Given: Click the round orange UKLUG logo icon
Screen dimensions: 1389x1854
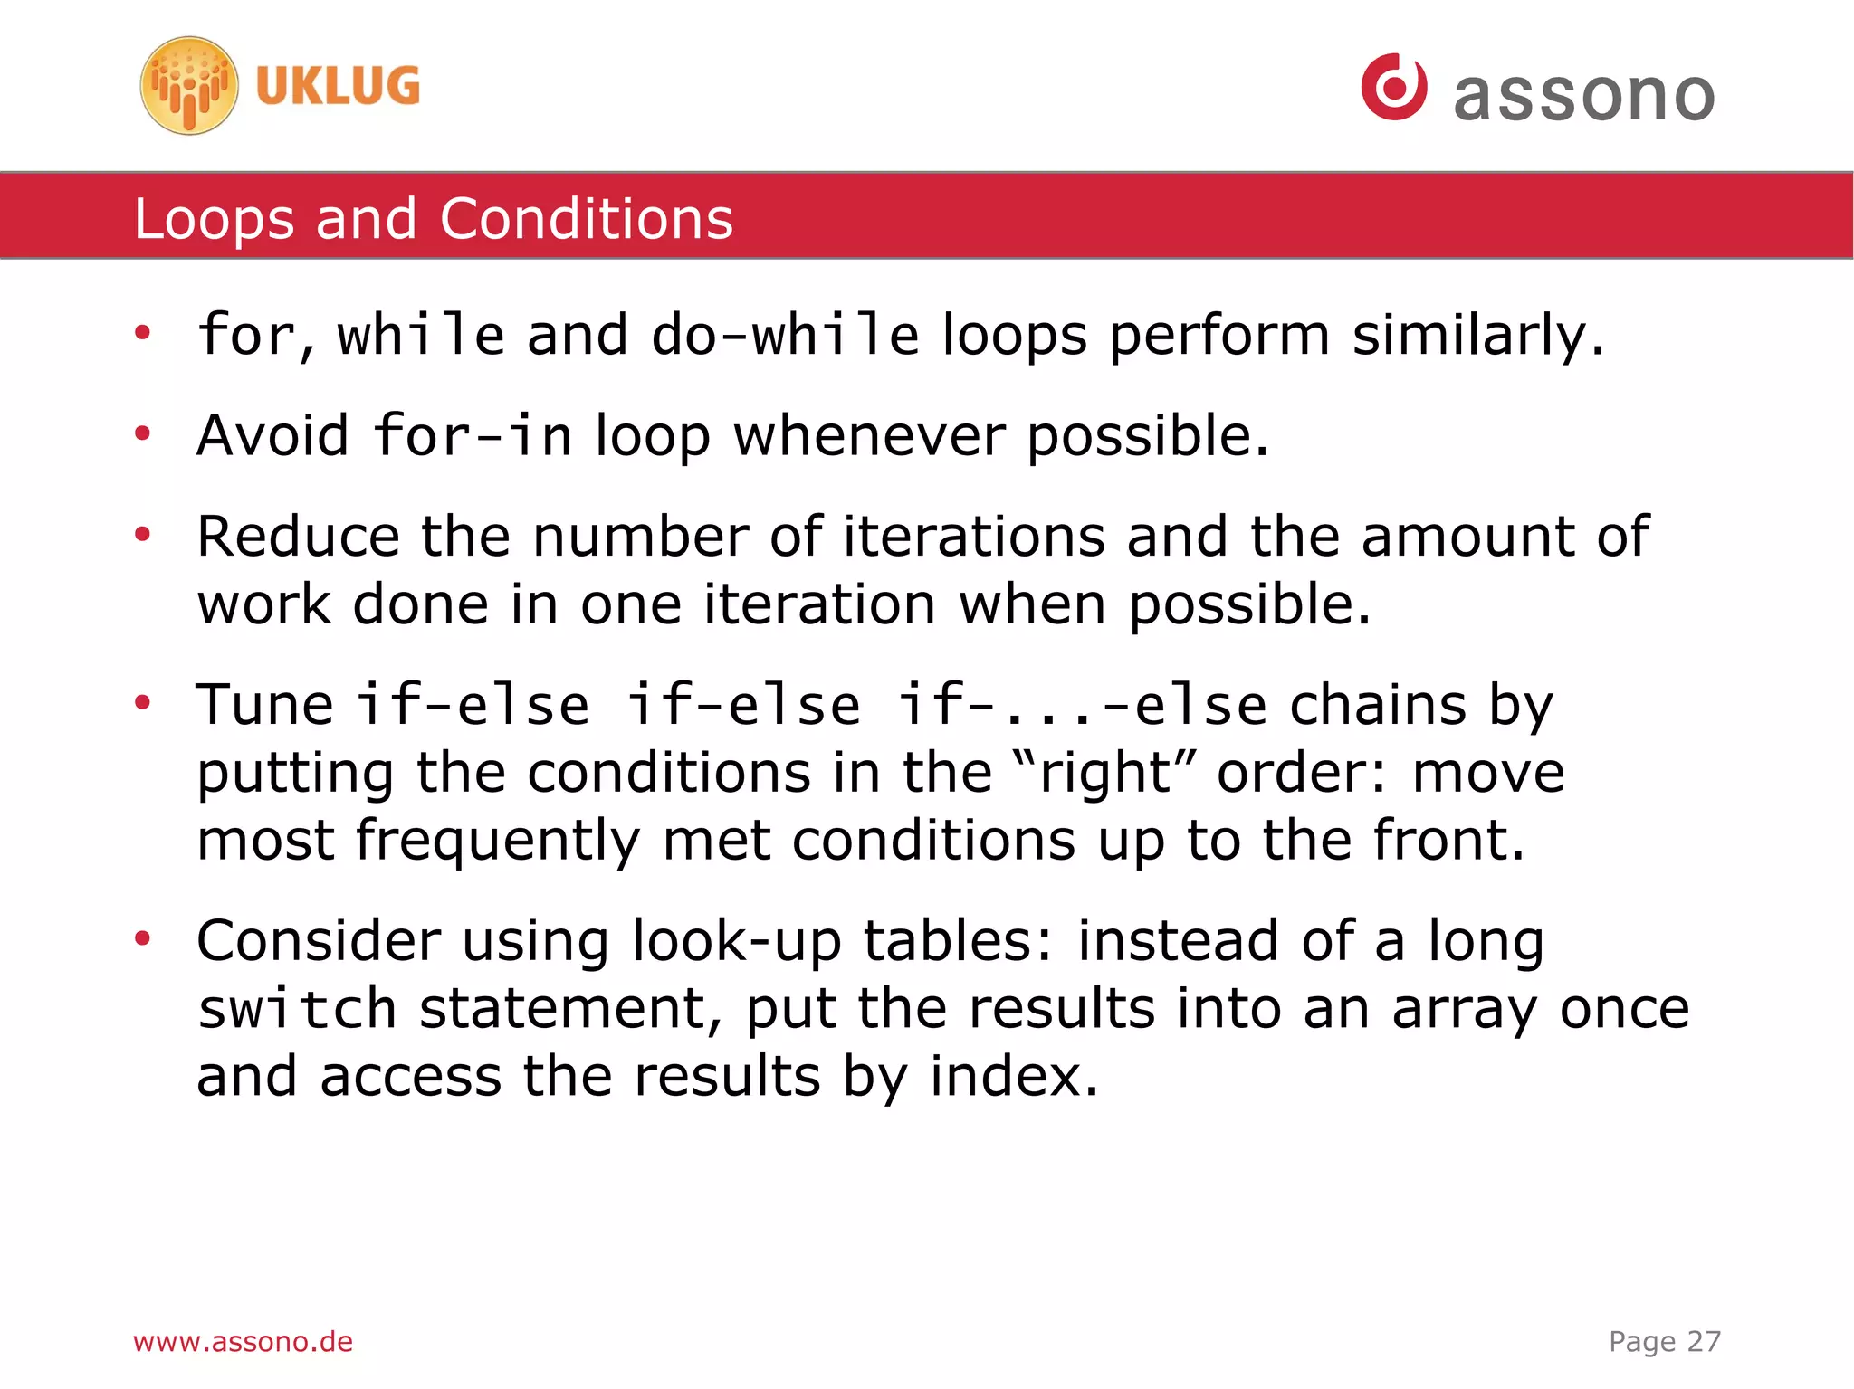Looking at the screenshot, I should point(189,86).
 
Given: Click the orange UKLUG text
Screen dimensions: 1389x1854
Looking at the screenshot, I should point(338,86).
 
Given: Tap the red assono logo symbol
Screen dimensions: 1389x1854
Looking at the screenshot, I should point(1394,86).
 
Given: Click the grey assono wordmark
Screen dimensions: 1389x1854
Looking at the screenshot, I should point(1583,95).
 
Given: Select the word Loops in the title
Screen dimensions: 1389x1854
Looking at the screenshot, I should point(214,219).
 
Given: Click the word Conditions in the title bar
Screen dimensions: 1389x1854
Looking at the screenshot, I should point(586,219).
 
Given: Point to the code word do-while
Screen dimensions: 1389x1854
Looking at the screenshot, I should point(785,335).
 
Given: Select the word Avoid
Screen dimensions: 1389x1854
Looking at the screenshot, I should point(272,436).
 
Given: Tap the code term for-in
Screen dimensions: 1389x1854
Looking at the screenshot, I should point(473,436).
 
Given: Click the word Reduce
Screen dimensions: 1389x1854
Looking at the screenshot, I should point(298,537).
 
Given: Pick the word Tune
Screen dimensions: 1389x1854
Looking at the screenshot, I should point(264,705).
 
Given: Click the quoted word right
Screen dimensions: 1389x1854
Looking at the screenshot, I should point(1106,774).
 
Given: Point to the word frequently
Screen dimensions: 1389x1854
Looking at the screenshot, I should point(497,842).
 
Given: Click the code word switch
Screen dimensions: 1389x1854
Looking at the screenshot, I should point(297,1009).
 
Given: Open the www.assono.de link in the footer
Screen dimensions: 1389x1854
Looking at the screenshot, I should point(243,1341).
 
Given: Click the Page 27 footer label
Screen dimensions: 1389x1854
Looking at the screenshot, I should point(1664,1341).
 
